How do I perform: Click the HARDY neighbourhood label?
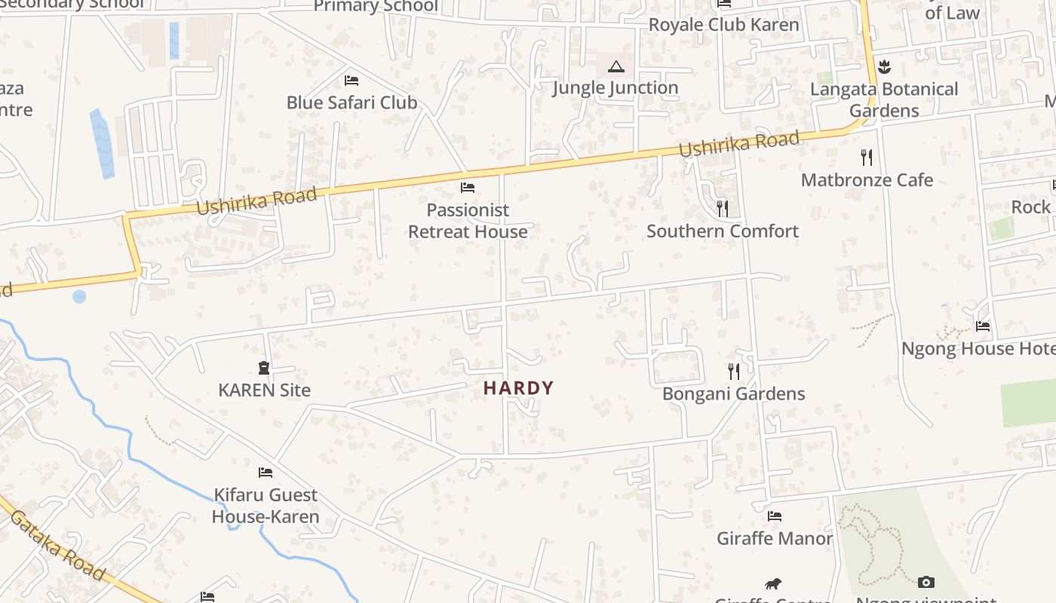pos(518,388)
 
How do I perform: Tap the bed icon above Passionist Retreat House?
pos(468,188)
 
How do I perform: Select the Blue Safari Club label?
pos(351,103)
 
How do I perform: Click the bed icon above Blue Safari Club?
pos(351,80)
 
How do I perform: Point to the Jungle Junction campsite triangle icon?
pos(616,67)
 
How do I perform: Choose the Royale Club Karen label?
pos(723,25)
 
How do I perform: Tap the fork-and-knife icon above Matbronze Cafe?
pos(867,158)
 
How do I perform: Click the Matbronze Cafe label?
pos(867,180)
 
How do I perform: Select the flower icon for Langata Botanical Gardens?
pos(885,67)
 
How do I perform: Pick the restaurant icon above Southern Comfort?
pos(723,208)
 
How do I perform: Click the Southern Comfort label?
pos(722,231)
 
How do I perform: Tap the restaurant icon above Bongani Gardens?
pos(733,371)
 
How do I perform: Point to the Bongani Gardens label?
pos(733,393)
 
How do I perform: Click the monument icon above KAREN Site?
pos(264,368)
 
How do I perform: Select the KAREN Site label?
pos(264,390)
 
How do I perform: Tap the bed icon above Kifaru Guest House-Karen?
pos(266,473)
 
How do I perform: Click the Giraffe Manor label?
pos(774,539)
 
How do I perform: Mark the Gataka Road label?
pos(57,546)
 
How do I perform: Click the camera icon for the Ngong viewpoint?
pos(926,582)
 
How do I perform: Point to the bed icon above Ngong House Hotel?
pos(983,326)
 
